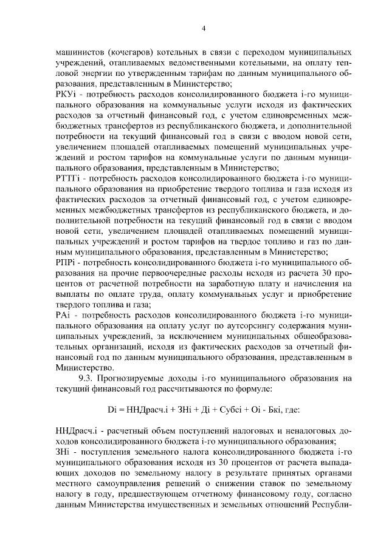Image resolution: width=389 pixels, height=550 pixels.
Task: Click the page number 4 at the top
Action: [204, 28]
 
